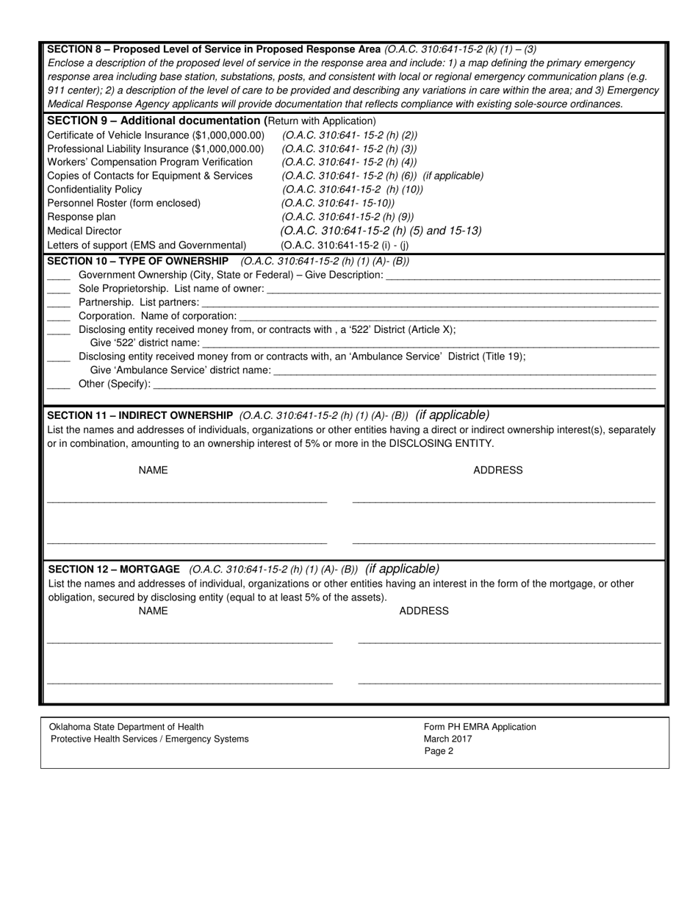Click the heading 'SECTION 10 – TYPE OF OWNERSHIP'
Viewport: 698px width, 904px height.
pos(137,261)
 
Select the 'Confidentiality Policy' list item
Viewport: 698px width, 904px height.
pos(94,189)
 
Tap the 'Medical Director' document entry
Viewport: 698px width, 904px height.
pos(84,231)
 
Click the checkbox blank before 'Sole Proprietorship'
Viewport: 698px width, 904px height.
pos(59,289)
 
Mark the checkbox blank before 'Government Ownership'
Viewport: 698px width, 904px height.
pos(59,275)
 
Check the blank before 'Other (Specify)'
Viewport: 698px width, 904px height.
pos(59,384)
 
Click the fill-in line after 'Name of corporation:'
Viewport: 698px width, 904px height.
pos(448,317)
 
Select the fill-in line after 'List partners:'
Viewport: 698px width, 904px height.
pos(430,303)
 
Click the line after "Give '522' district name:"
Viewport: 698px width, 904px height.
pos(430,343)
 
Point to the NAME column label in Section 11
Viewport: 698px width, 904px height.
pos(153,470)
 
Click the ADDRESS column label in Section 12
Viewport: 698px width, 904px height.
pos(423,611)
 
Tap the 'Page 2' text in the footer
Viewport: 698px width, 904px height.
pos(439,751)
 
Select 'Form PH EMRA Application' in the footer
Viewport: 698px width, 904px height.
pos(480,727)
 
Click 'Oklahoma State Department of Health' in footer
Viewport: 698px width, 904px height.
pos(126,727)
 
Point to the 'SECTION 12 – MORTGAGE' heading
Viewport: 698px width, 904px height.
pos(114,570)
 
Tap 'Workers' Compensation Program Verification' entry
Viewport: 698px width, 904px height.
pos(150,162)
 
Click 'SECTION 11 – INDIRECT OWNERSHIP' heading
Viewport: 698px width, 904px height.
pos(140,415)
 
